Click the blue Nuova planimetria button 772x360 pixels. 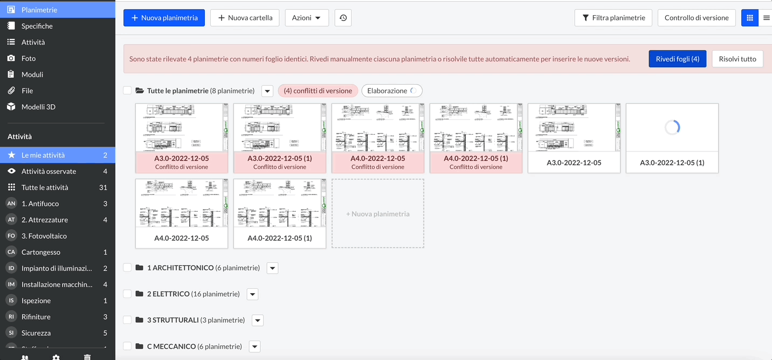point(164,18)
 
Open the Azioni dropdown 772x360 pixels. point(306,18)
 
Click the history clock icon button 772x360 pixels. point(343,18)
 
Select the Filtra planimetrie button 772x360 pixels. point(613,18)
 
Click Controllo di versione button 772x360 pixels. point(696,18)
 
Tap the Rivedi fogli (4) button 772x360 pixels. point(677,59)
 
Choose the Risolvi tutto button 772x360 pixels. point(737,59)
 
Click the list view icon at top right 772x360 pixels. point(766,18)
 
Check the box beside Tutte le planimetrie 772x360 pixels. point(127,91)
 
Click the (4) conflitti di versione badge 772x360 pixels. point(318,91)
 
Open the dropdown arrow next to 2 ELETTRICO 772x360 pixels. point(252,294)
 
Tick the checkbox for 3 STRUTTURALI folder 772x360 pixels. point(127,320)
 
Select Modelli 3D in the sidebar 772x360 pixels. point(38,107)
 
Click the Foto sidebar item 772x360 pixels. point(29,58)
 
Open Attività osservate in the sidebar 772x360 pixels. point(49,171)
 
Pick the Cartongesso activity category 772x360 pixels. point(41,252)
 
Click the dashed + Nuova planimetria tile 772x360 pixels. point(377,214)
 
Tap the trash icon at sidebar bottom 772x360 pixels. point(87,357)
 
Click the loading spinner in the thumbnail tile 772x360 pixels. point(672,128)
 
